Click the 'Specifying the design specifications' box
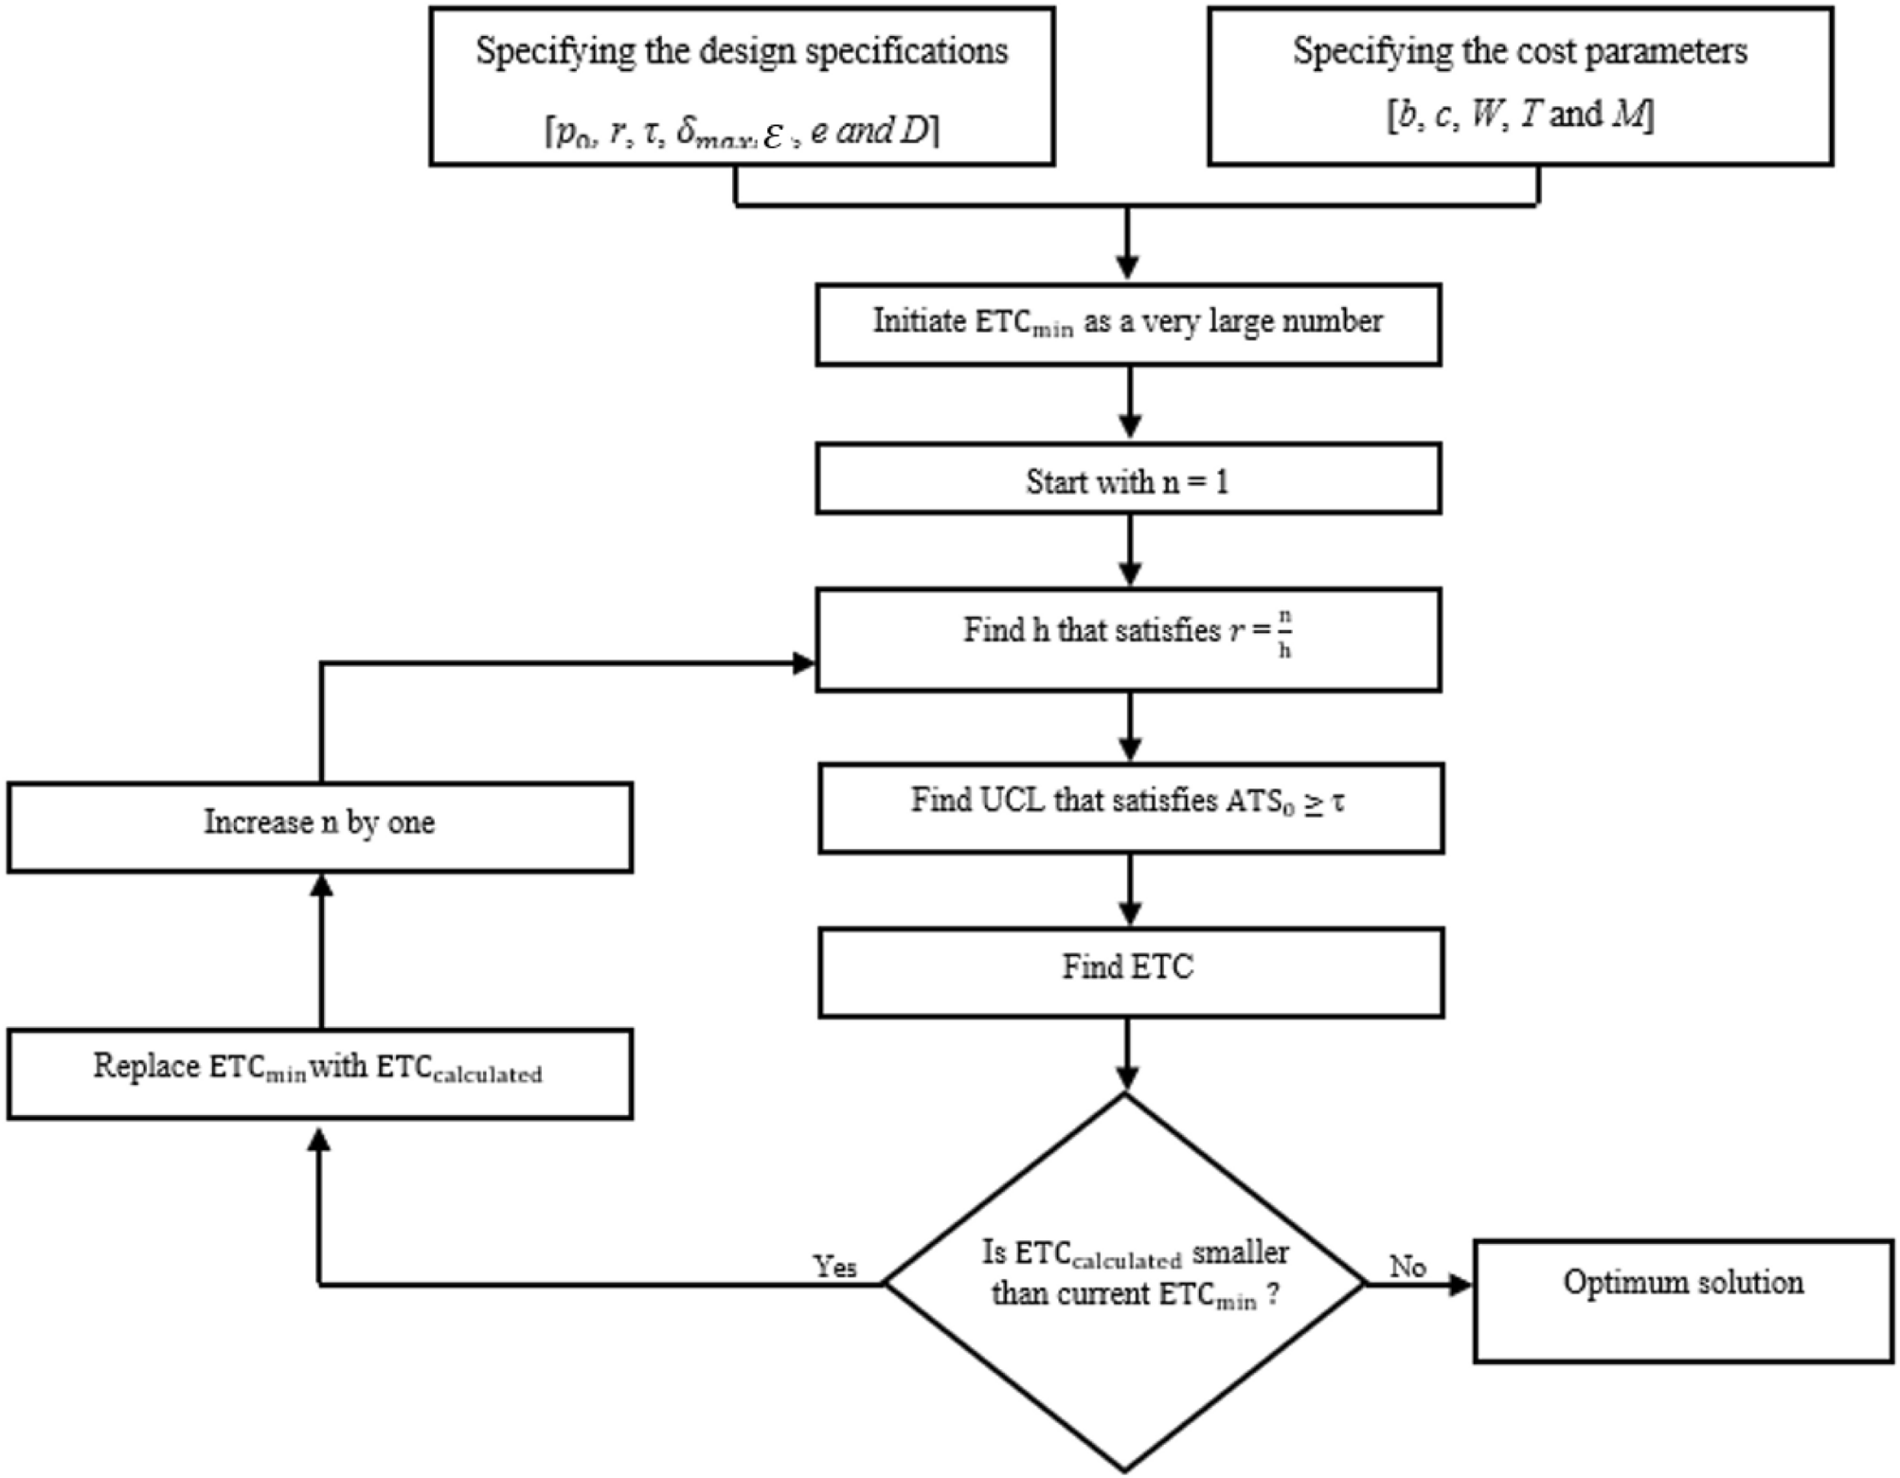pyautogui.click(x=742, y=87)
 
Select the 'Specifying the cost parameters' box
pyautogui.click(x=1519, y=87)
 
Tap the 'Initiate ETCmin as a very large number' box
pyautogui.click(x=1128, y=324)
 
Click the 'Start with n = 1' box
pyautogui.click(x=1128, y=479)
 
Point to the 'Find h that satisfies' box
pyautogui.click(x=1128, y=640)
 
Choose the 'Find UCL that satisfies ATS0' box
pyautogui.click(x=1131, y=808)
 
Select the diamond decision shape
pyautogui.click(x=1125, y=1284)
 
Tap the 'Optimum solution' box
pyautogui.click(x=1683, y=1301)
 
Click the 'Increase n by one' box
pyautogui.click(x=320, y=827)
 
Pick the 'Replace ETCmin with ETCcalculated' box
pyautogui.click(x=320, y=1073)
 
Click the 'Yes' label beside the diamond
pyautogui.click(x=834, y=1267)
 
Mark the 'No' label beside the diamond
pyautogui.click(x=1407, y=1267)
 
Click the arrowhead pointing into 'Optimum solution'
pyautogui.click(x=1461, y=1285)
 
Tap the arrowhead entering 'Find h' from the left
pyautogui.click(x=803, y=663)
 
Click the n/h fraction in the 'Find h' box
pyautogui.click(x=1284, y=634)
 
